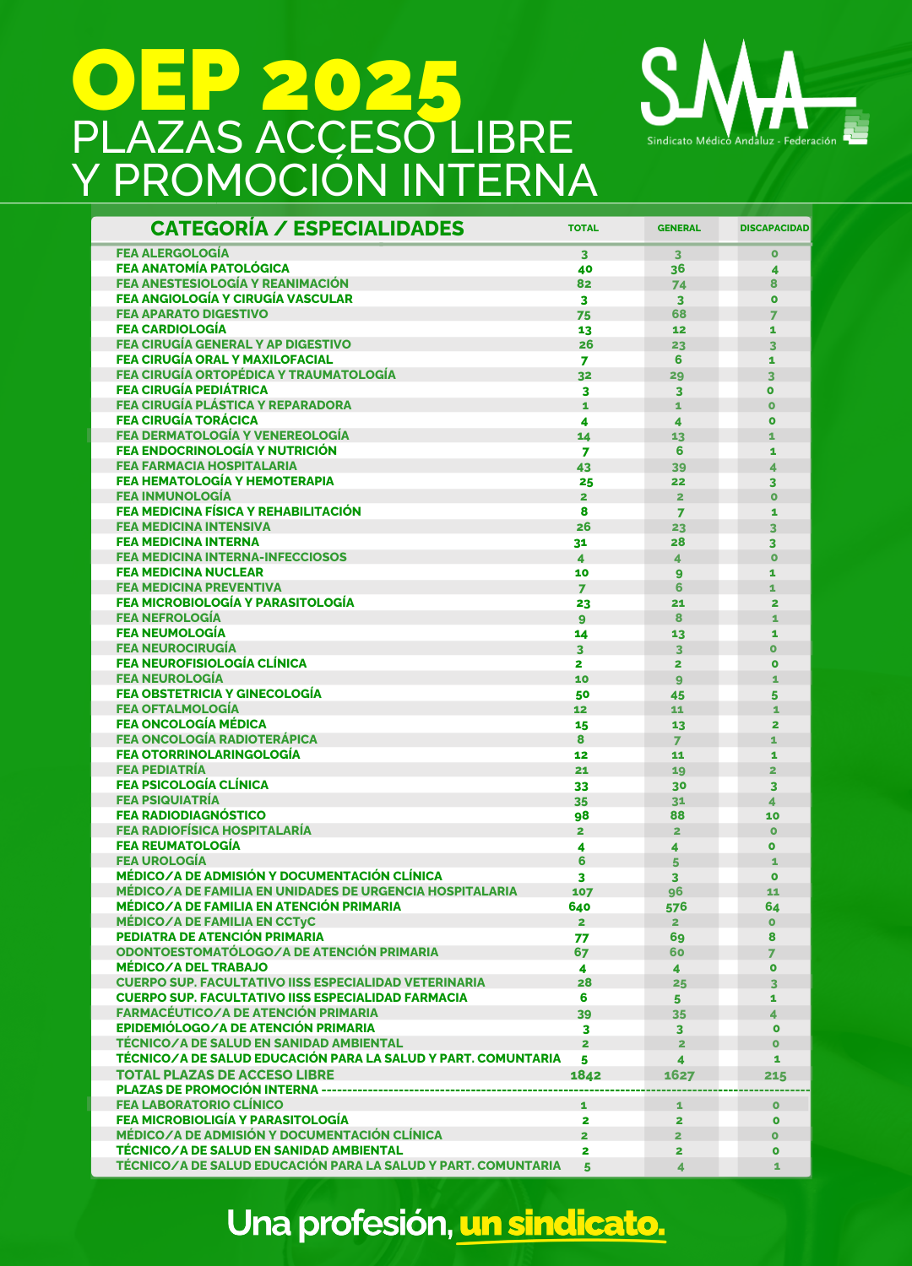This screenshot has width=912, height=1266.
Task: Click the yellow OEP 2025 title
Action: pos(267,82)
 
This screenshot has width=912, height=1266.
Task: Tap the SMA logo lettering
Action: pos(726,84)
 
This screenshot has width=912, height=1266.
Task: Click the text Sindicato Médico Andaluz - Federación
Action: pos(741,141)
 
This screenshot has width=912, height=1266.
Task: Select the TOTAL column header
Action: pos(583,228)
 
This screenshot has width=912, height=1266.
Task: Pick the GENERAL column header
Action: pos(679,228)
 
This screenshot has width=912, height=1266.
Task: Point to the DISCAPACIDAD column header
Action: pos(774,228)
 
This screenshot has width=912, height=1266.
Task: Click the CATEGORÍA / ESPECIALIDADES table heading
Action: pos(307,229)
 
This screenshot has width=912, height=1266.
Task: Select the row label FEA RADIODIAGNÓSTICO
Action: pos(191,815)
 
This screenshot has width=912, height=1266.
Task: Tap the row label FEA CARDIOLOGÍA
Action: pos(171,329)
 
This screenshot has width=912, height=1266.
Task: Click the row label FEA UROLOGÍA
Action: pos(161,861)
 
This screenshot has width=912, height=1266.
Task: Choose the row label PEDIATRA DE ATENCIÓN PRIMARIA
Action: pos(220,937)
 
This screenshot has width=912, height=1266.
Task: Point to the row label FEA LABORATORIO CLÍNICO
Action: pos(199,1105)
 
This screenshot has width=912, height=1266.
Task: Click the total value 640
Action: pos(579,907)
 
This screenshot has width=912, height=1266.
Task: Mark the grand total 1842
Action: pos(585,1075)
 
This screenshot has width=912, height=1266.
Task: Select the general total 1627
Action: pos(679,1075)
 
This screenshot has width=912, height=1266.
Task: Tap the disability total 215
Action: pos(774,1076)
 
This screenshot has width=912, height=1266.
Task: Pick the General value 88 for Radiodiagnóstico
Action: pos(677,815)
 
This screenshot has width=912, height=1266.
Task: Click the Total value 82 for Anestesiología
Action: pos(584,284)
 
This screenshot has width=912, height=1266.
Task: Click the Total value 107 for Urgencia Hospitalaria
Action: pos(582,892)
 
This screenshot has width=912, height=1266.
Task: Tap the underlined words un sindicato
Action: pos(562,1223)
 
